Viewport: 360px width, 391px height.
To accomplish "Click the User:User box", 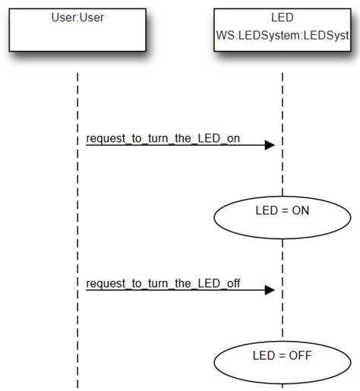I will coord(77,30).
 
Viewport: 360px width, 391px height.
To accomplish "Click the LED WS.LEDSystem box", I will coord(282,30).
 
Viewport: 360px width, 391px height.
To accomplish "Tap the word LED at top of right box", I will coord(283,17).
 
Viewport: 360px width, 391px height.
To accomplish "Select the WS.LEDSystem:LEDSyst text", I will coord(283,35).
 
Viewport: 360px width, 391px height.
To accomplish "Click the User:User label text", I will coord(77,17).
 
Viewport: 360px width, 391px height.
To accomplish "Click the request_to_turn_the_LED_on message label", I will coord(157,138).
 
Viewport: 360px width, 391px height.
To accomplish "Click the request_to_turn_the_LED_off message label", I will coord(163,284).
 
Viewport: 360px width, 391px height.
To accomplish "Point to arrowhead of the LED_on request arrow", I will coord(269,145).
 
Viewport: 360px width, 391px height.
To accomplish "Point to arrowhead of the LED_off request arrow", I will coord(269,290).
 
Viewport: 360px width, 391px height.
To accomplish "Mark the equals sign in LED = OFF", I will coord(280,355).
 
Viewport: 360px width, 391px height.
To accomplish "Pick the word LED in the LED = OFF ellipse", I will coord(263,355).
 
